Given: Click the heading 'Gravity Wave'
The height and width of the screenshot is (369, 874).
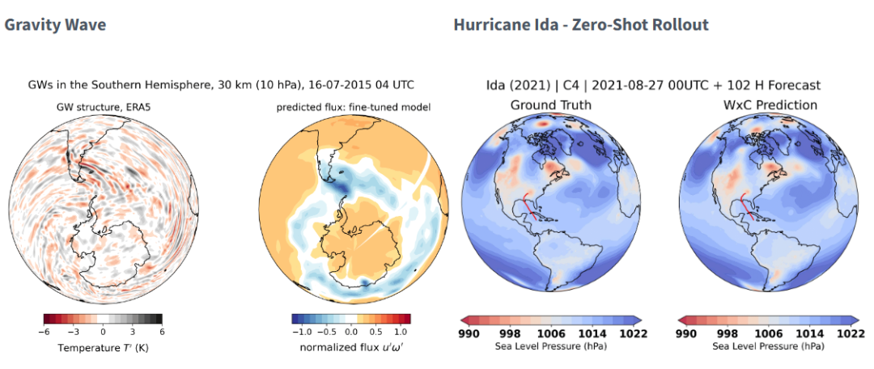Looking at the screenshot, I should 55,24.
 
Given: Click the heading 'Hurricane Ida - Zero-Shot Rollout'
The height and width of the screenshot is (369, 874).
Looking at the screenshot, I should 580,24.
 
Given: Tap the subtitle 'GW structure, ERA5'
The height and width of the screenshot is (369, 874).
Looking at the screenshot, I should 104,108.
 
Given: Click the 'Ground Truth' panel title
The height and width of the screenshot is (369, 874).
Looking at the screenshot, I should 550,105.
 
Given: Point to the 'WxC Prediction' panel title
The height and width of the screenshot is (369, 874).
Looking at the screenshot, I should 770,105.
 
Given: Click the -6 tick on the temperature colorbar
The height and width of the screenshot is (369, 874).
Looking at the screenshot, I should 46,332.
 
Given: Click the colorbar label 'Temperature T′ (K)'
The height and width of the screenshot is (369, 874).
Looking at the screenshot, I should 103,348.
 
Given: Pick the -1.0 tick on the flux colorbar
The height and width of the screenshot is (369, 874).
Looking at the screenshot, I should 300,332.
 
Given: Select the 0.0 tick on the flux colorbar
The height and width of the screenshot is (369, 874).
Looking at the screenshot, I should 350,332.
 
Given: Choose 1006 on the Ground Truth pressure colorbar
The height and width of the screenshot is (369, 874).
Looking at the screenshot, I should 551,333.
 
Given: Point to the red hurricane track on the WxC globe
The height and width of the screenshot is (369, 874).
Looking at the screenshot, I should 746,206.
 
